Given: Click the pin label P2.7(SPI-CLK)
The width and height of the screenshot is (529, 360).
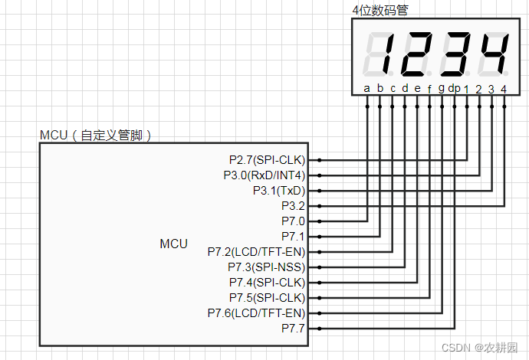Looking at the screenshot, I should click(x=267, y=160).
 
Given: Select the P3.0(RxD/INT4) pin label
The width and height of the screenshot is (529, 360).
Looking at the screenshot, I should click(x=261, y=175).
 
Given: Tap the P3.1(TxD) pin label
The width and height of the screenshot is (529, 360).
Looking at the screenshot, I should click(x=278, y=191).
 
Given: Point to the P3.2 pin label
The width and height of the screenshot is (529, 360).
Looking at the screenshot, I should click(x=293, y=206).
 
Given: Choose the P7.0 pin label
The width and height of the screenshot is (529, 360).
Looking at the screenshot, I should click(x=293, y=221).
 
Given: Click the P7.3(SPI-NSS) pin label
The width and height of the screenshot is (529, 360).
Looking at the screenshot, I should click(x=266, y=267).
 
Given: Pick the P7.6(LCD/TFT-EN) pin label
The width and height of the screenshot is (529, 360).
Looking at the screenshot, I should click(x=256, y=313).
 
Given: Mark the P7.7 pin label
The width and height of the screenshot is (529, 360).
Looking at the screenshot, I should click(x=293, y=328).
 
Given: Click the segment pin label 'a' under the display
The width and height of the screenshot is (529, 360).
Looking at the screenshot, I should click(x=366, y=88).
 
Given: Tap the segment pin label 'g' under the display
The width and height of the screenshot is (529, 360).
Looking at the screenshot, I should click(x=441, y=89).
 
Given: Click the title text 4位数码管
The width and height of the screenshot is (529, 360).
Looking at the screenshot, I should click(x=380, y=10).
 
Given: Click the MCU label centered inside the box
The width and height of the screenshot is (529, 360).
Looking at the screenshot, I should click(x=173, y=244).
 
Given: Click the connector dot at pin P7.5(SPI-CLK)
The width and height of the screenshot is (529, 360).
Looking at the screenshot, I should click(x=318, y=297).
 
